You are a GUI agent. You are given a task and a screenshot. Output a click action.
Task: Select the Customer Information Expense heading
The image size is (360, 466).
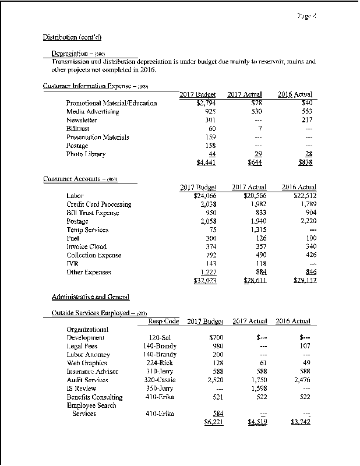(x=93, y=86)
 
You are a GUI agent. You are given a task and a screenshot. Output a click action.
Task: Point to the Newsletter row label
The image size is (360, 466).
(x=82, y=120)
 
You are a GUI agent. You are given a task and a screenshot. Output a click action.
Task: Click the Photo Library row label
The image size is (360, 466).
(x=86, y=154)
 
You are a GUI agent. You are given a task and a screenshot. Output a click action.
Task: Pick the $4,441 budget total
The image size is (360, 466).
(x=206, y=163)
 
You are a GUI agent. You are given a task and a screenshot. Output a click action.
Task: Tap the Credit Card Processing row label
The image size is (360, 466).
(x=99, y=204)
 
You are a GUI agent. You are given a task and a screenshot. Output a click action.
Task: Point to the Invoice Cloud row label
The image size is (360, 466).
(x=86, y=247)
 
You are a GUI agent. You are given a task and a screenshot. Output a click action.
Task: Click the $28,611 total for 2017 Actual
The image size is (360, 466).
(x=253, y=281)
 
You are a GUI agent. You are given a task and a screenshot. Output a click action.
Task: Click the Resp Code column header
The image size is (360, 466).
(x=163, y=321)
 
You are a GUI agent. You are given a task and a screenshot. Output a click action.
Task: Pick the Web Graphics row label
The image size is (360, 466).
(x=87, y=363)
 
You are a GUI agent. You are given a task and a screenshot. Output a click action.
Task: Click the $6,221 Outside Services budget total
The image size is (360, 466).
(x=206, y=423)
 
